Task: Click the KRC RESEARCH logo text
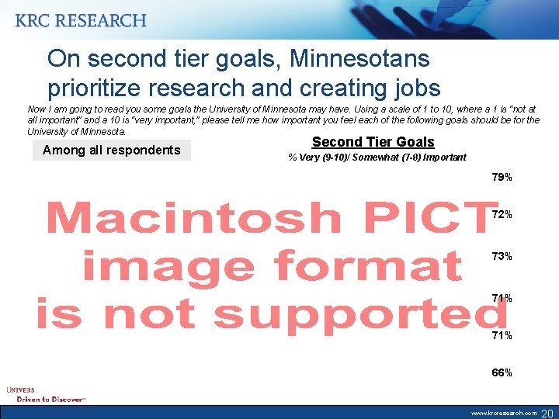(x=80, y=21)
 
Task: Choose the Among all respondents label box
(x=111, y=150)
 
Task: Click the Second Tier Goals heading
(x=373, y=142)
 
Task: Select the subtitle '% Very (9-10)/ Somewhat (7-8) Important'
(x=377, y=158)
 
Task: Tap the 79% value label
(x=502, y=178)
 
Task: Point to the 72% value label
(x=502, y=214)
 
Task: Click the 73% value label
(x=502, y=256)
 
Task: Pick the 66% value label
(x=502, y=372)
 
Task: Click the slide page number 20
(x=547, y=412)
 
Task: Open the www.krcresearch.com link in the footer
(x=504, y=413)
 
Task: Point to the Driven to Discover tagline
(x=51, y=399)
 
